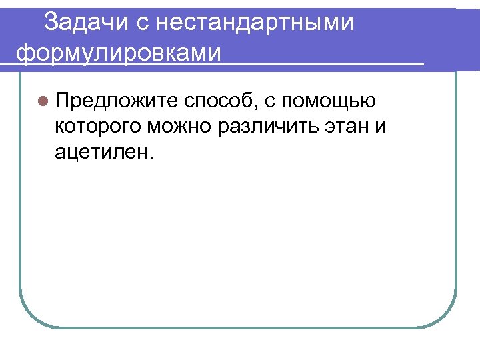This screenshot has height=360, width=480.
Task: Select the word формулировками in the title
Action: coord(117,51)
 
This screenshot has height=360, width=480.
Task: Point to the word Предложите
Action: coord(117,101)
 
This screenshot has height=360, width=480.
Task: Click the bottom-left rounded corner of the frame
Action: coord(29,316)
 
